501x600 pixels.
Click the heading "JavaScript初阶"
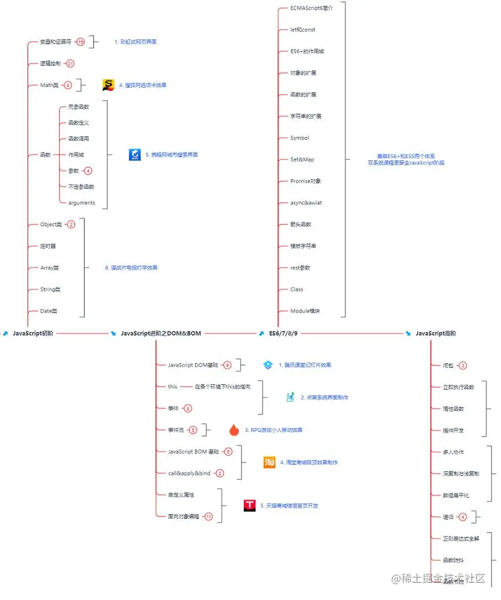[x=33, y=333]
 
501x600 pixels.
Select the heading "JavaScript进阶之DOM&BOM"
[x=160, y=333]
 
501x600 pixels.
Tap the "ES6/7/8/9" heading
[x=283, y=333]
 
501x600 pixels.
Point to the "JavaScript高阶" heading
[x=435, y=333]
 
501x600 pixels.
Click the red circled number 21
[x=70, y=63]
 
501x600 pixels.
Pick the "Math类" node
[x=49, y=85]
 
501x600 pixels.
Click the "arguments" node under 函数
[x=82, y=203]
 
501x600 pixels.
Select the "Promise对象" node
[x=305, y=181]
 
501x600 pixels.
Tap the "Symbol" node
[x=300, y=138]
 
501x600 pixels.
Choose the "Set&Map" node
[x=302, y=159]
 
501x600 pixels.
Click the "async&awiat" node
[x=306, y=203]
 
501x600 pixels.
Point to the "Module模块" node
[x=305, y=311]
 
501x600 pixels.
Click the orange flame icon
[x=234, y=430]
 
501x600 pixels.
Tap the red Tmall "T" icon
[x=250, y=505]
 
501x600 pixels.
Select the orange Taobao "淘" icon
[x=269, y=462]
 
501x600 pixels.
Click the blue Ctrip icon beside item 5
[x=135, y=155]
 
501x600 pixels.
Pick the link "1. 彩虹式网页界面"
[x=135, y=42]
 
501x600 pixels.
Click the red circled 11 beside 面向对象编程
[x=208, y=517]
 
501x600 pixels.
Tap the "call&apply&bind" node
[x=189, y=473]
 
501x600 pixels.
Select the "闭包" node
[x=448, y=366]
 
